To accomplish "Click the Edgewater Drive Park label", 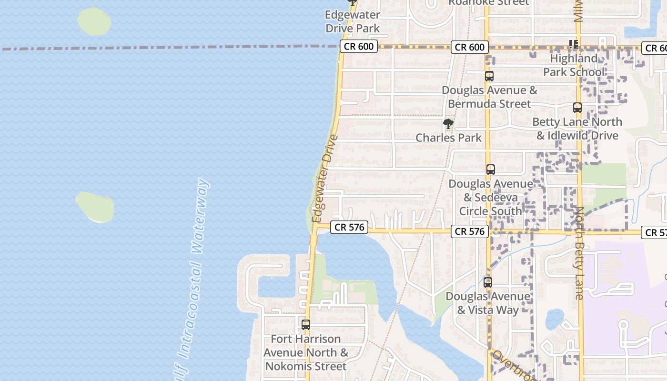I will click(x=353, y=22).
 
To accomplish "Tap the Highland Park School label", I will click(x=574, y=65).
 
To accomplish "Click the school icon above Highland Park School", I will click(x=574, y=44).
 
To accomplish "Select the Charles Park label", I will click(x=449, y=138).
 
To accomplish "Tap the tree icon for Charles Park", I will click(x=448, y=124).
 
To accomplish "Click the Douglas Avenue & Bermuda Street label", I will click(x=489, y=97).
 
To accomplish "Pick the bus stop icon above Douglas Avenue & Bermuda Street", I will click(x=489, y=76).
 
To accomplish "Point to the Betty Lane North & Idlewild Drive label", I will click(x=577, y=129).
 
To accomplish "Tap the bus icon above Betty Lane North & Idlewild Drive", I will click(x=577, y=108).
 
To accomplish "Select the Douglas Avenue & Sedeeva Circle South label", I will click(x=491, y=197).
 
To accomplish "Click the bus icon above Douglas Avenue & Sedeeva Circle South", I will click(x=491, y=169).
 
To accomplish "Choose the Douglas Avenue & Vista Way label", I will click(x=488, y=303).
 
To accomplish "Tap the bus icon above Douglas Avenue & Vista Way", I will click(x=488, y=282).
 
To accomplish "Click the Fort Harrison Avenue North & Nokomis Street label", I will click(x=306, y=352).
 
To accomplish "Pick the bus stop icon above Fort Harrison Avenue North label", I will click(x=306, y=325).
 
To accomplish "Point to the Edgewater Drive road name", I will click(x=324, y=179).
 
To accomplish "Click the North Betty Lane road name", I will click(x=579, y=253).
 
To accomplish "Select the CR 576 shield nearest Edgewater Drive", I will click(x=350, y=227).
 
